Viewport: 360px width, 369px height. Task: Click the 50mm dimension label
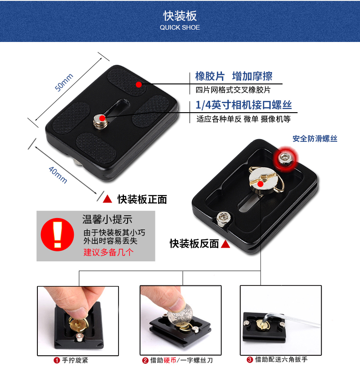click(64, 82)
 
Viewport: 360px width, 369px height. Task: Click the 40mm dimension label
click(58, 175)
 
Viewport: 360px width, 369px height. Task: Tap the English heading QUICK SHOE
click(180, 27)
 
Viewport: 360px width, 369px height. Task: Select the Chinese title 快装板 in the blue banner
click(180, 16)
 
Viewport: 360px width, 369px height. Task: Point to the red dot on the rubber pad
click(139, 84)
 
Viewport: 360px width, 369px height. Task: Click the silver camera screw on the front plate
click(100, 122)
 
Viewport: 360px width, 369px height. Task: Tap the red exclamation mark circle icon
click(57, 234)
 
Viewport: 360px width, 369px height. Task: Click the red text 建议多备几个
click(108, 252)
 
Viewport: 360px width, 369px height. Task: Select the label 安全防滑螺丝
click(315, 139)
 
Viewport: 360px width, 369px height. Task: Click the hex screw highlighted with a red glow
click(285, 158)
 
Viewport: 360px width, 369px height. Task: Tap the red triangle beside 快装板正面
click(108, 199)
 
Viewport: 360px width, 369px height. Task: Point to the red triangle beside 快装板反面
click(226, 244)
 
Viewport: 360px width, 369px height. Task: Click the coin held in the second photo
click(180, 314)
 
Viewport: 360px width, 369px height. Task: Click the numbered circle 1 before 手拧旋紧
click(57, 360)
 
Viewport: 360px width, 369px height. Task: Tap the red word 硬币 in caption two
click(170, 360)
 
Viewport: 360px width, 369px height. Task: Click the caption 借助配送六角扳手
click(281, 359)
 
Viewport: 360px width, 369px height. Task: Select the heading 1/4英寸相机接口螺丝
click(244, 105)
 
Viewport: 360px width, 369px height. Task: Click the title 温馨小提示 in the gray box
click(107, 219)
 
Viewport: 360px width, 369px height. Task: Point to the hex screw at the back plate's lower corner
click(222, 219)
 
